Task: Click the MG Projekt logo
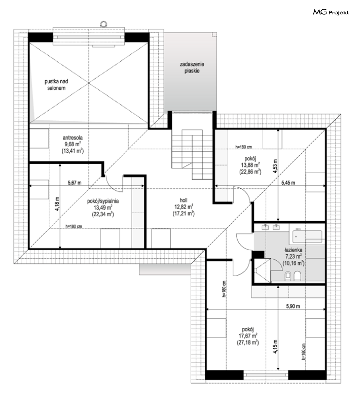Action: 331,12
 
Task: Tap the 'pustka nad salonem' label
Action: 56,85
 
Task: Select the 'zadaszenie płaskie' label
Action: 192,68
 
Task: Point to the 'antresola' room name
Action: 73,138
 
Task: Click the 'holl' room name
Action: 183,200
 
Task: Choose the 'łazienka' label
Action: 293,250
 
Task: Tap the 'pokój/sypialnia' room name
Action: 103,201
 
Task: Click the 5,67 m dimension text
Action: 74,183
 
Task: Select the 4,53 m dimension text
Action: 275,166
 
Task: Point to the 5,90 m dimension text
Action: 293,306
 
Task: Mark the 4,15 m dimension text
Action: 275,347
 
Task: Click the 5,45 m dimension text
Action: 288,183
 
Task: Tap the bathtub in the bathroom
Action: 307,235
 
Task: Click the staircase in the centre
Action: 192,154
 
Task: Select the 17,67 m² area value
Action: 248,336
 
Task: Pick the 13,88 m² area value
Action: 250,165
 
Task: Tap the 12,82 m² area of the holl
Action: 184,207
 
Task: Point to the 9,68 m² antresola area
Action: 73,144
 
